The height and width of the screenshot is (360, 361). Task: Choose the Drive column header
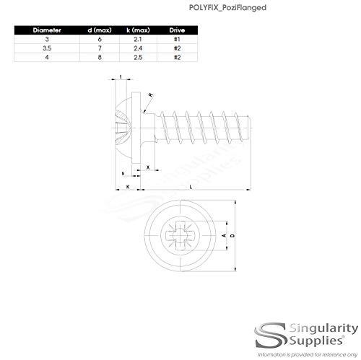(178, 31)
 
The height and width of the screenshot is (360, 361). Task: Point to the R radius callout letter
(149, 95)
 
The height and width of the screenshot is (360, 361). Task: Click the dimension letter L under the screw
(190, 187)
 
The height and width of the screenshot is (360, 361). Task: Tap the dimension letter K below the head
(129, 187)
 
